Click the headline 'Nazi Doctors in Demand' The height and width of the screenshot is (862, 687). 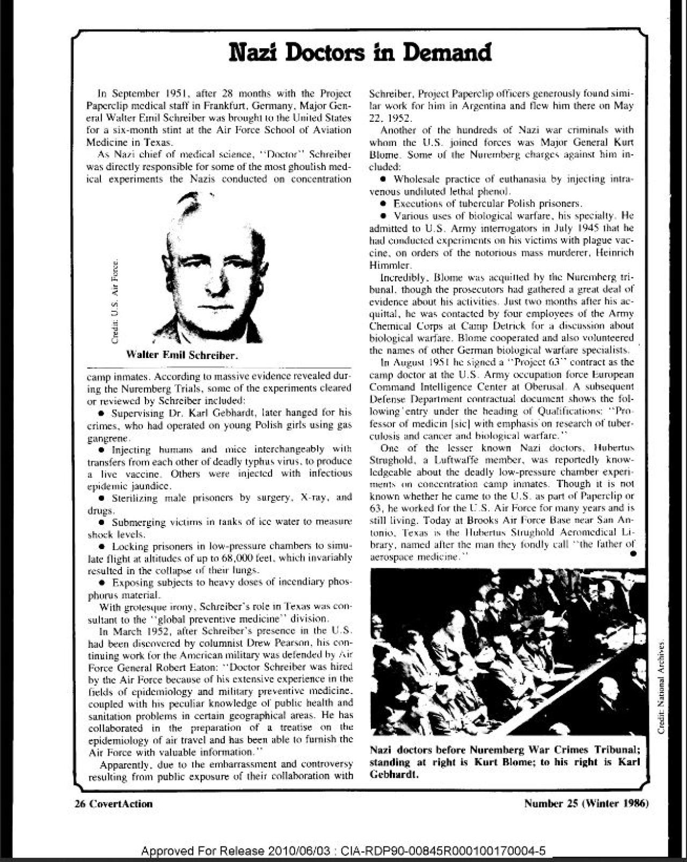pos(359,53)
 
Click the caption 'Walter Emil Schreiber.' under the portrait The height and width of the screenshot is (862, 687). pos(182,355)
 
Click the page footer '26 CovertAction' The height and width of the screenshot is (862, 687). pos(113,803)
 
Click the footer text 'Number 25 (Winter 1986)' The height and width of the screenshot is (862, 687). pos(587,803)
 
